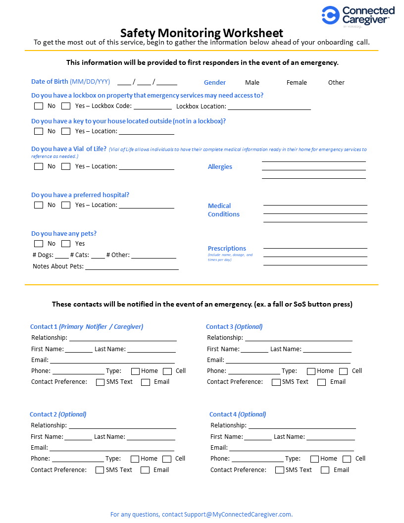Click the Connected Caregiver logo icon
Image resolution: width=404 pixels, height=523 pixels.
click(330, 15)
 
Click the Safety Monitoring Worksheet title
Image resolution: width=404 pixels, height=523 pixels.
click(202, 33)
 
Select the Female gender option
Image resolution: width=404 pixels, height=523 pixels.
click(297, 83)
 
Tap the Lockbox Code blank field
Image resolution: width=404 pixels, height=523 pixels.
click(152, 106)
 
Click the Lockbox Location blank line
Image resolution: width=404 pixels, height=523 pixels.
click(269, 106)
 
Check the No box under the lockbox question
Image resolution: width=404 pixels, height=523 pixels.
click(39, 106)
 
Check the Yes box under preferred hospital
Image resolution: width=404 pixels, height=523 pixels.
click(66, 205)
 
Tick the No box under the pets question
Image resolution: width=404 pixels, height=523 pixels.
click(39, 244)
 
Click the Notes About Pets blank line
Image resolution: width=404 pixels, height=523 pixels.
click(132, 266)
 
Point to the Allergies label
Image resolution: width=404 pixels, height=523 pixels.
click(220, 167)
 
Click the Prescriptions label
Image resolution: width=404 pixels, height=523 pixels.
click(227, 249)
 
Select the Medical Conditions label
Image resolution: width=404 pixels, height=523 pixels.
click(223, 210)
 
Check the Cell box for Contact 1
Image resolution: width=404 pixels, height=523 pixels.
click(167, 371)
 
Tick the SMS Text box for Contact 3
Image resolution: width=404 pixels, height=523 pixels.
click(276, 382)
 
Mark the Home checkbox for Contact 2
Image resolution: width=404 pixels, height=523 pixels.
click(135, 459)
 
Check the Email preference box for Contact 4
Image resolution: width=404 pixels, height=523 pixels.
click(325, 470)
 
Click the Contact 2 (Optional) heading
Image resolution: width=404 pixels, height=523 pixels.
click(58, 415)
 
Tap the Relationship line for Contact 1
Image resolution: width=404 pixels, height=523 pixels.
click(123, 338)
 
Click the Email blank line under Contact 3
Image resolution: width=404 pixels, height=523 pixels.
click(288, 361)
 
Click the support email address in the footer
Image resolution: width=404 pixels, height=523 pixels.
click(238, 515)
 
